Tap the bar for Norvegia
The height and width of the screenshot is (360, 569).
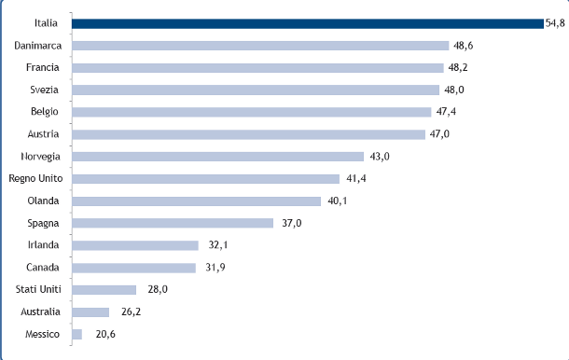[217, 157]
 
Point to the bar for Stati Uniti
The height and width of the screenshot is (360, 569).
[104, 290]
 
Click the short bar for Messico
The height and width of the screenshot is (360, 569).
[76, 334]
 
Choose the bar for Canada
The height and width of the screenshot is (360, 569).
[133, 268]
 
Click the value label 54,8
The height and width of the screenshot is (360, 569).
[556, 22]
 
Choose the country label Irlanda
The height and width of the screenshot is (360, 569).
[44, 245]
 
